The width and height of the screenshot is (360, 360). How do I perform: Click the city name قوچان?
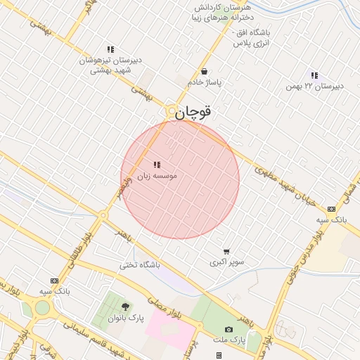[193, 112]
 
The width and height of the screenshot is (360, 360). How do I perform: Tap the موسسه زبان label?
[156, 175]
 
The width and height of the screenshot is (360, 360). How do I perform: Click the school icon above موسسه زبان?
[156, 165]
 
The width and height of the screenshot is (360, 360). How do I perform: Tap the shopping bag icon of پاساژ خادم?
[204, 71]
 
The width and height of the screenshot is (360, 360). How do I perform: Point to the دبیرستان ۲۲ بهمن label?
[314, 86]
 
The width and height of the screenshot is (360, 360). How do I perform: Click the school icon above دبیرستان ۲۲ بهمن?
[314, 75]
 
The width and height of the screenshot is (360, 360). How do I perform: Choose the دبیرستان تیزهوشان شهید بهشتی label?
[110, 65]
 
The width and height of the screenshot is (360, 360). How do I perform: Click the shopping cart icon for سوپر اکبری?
[226, 251]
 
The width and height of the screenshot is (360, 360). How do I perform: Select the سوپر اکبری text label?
[226, 262]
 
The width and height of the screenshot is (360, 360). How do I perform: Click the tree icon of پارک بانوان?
[125, 307]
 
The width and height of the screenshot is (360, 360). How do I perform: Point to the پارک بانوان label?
[125, 318]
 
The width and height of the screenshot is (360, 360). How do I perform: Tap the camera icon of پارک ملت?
[229, 329]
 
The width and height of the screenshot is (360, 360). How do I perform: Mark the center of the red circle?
[180, 179]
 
